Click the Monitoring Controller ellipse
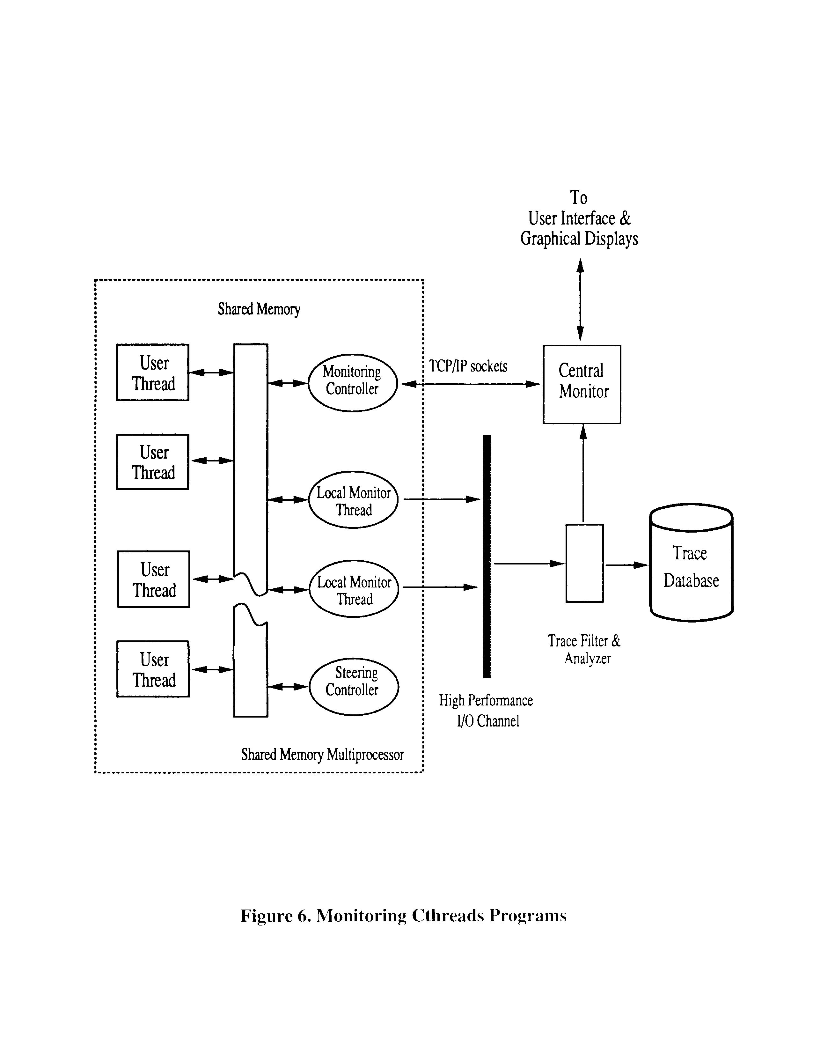pyautogui.click(x=352, y=383)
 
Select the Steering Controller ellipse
pyautogui.click(x=354, y=687)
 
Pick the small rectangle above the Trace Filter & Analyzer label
pyautogui.click(x=584, y=563)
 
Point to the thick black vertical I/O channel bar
pyautogui.click(x=487, y=556)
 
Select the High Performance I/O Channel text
pyautogui.click(x=486, y=711)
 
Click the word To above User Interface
pyautogui.click(x=579, y=197)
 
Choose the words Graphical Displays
pyautogui.click(x=579, y=239)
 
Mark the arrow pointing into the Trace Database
pyautogui.click(x=626, y=565)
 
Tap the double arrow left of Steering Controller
pyautogui.click(x=288, y=687)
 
